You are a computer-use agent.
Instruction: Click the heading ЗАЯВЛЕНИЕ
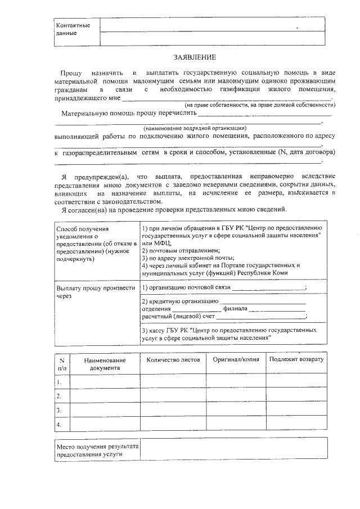coord(194,57)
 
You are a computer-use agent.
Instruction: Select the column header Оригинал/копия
coord(236,359)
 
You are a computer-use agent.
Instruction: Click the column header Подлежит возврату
coord(296,359)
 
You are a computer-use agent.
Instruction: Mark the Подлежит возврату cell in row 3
coord(296,410)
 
